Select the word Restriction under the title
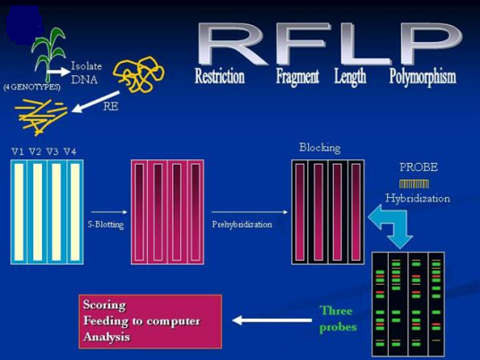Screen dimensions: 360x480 [x=219, y=77]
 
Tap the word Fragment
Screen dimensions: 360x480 [x=297, y=77]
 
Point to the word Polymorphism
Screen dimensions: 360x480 [x=423, y=77]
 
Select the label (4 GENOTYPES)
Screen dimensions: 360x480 [x=31, y=87]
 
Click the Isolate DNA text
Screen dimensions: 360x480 [x=86, y=73]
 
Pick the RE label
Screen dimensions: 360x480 [x=111, y=106]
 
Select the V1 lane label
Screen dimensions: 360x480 [x=18, y=150]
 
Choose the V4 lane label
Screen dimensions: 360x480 [x=70, y=150]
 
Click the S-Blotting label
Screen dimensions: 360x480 [x=105, y=224]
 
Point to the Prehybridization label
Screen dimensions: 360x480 [x=242, y=224]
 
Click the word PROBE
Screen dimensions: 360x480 [x=418, y=167]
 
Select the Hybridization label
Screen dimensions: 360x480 [x=417, y=198]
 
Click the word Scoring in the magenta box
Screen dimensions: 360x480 [x=105, y=304]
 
